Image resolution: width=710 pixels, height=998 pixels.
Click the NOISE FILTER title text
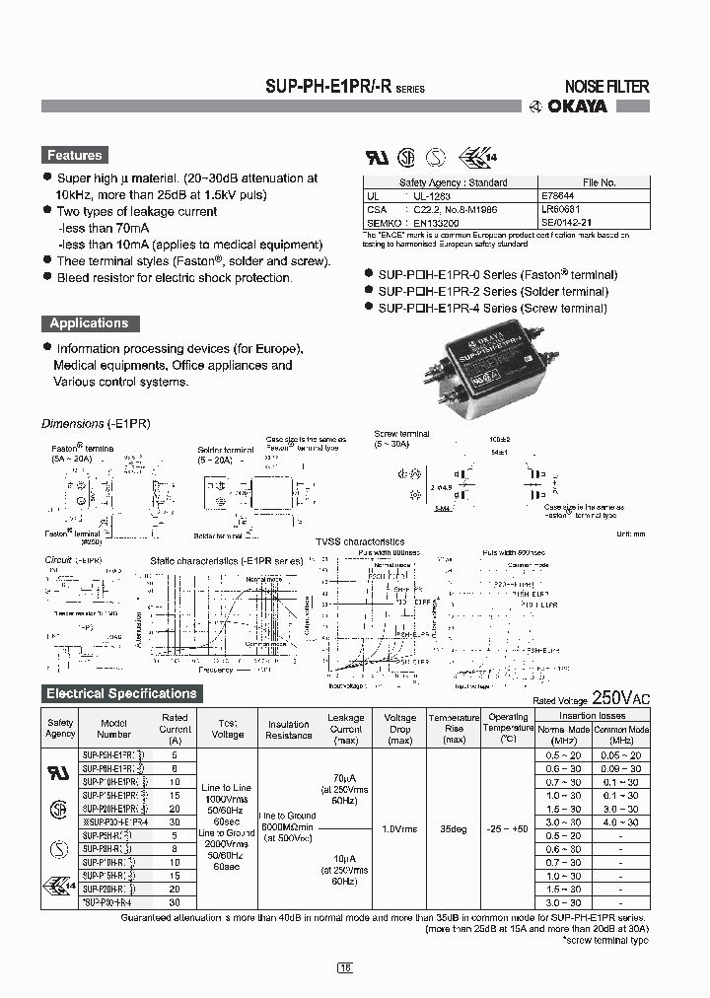click(605, 87)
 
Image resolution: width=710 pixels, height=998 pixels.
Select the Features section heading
click(75, 156)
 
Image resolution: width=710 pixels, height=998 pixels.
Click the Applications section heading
click(89, 323)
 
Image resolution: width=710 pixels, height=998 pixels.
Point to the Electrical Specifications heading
click(121, 693)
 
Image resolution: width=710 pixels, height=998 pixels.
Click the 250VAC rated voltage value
click(621, 697)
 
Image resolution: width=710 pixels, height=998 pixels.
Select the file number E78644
click(559, 196)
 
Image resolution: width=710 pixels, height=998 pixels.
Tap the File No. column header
click(599, 182)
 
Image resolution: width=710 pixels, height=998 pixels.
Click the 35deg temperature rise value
click(453, 829)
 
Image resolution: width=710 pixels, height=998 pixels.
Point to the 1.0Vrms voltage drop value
click(399, 829)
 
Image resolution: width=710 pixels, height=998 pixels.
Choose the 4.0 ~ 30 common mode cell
click(620, 821)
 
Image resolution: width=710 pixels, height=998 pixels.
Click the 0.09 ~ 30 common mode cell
click(620, 767)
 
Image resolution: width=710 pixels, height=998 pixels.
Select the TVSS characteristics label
click(359, 541)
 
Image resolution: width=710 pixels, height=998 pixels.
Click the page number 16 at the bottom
click(345, 968)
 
